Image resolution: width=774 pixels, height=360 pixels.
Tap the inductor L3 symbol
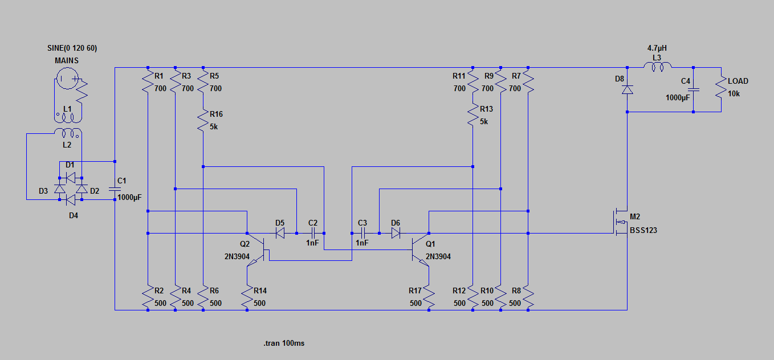657,68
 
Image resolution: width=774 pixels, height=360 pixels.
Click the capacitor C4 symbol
693,90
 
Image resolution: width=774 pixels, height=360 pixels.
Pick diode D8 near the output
627,90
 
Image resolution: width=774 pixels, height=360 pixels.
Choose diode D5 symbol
280,233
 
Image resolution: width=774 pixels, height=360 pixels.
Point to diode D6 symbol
395,233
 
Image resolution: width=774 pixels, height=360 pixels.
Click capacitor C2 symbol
312,233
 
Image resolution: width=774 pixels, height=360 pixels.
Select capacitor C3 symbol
362,233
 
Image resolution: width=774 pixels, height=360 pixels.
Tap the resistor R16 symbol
203,121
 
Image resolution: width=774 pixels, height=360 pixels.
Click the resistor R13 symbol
473,114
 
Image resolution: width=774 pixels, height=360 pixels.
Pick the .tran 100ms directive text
283,343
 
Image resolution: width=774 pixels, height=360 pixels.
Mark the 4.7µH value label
657,48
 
